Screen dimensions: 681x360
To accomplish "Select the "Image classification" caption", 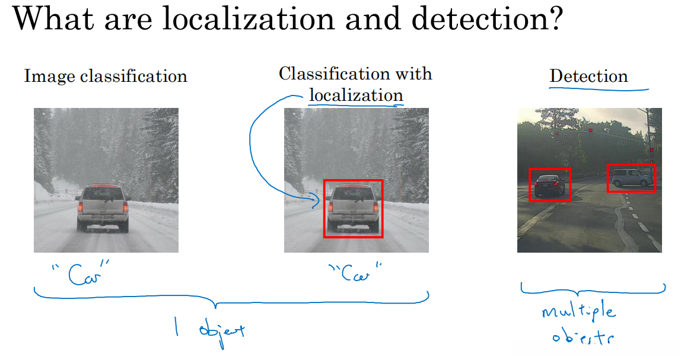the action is (105, 77).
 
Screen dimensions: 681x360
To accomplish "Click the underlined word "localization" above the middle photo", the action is (356, 95).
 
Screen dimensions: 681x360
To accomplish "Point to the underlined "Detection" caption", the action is (588, 77).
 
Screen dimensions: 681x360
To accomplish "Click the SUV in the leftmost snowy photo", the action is (103, 208).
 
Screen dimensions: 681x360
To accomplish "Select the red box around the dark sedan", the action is (549, 184).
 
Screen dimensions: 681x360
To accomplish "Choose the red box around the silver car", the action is (631, 178).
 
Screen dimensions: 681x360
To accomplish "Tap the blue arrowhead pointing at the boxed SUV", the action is (317, 203).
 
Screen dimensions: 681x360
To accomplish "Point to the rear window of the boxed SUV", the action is (353, 195).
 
